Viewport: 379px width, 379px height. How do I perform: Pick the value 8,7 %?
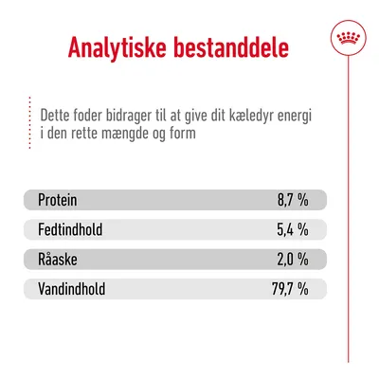[292, 200]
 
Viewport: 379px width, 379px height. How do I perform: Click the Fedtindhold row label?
[70, 229]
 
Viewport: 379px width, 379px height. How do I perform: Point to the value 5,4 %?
[292, 229]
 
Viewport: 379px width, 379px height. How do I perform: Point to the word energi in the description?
[298, 115]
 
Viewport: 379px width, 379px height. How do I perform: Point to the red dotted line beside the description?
[29, 120]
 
